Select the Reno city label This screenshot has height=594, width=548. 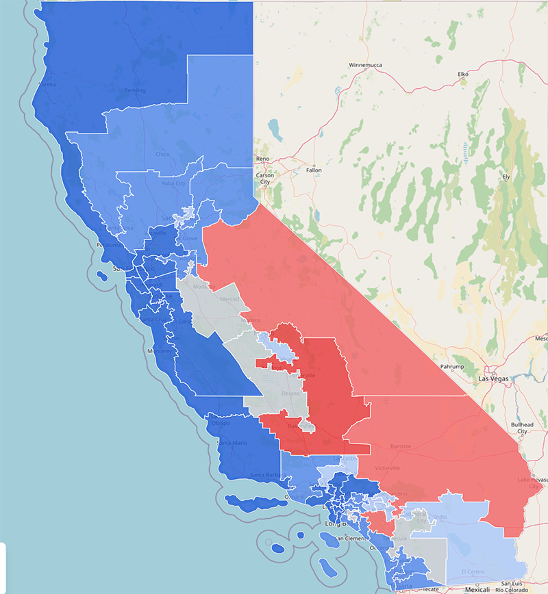point(262,159)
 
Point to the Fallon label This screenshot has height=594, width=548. point(314,170)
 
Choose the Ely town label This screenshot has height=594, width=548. point(508,176)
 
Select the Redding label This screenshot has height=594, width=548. point(134,90)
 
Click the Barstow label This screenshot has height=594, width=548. point(400,446)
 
